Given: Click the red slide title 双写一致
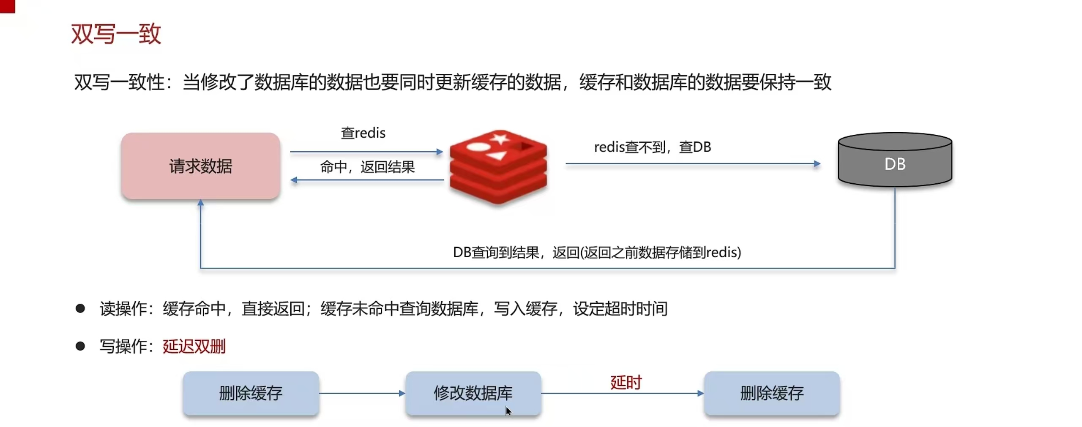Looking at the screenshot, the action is (116, 34).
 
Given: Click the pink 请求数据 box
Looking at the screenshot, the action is (200, 166).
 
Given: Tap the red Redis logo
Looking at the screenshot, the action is (498, 167).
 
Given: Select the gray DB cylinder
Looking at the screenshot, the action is (895, 160).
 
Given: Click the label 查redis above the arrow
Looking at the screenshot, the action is (363, 133).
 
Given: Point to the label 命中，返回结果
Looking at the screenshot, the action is (367, 167).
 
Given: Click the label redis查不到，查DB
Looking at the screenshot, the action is (652, 147).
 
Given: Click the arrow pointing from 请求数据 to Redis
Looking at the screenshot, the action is (366, 151).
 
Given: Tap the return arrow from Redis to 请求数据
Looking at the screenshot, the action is (367, 180).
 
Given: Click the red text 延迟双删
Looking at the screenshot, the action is (194, 346).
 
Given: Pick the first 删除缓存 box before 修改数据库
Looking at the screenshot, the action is (251, 393).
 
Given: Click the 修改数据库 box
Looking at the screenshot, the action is (473, 393).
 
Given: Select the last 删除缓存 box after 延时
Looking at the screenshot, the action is (772, 393).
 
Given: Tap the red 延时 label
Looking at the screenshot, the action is (626, 382).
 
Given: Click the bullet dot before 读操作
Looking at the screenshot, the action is (80, 309).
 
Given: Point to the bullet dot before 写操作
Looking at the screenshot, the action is (80, 346).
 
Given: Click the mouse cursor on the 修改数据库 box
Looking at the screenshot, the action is (508, 411).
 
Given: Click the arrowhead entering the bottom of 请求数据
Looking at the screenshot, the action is (201, 203).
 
